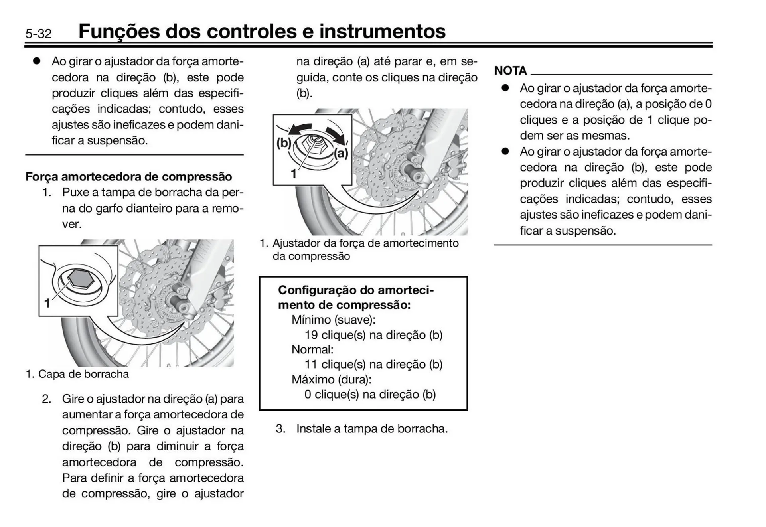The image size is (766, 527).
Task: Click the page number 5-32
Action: [x=39, y=34]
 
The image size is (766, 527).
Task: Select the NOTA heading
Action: [x=510, y=71]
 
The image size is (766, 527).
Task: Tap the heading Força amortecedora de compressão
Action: [x=128, y=176]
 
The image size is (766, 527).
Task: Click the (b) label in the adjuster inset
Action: [x=284, y=142]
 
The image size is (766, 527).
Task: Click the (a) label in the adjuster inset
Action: [x=341, y=153]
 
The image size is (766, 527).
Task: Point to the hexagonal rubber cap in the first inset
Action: [x=81, y=278]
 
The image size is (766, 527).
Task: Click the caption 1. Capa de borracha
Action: [x=77, y=374]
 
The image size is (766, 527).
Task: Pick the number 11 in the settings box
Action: [x=311, y=364]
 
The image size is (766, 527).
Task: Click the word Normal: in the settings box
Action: [x=312, y=349]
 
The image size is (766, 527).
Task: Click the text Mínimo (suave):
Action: [x=334, y=320]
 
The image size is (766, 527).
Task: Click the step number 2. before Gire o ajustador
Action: [x=47, y=399]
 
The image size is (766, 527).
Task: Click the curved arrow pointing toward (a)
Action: [x=336, y=135]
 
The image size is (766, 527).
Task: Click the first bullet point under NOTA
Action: [x=505, y=88]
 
